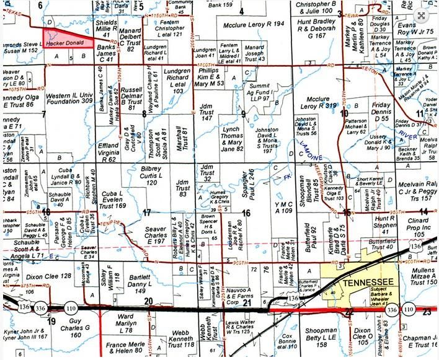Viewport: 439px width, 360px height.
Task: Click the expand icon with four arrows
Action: coord(422,17)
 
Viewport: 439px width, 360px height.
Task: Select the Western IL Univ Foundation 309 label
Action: coord(69,97)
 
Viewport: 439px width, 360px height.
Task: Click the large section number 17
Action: coord(146,213)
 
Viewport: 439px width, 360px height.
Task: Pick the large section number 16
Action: coord(246,213)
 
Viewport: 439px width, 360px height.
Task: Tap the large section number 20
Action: coord(148,301)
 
